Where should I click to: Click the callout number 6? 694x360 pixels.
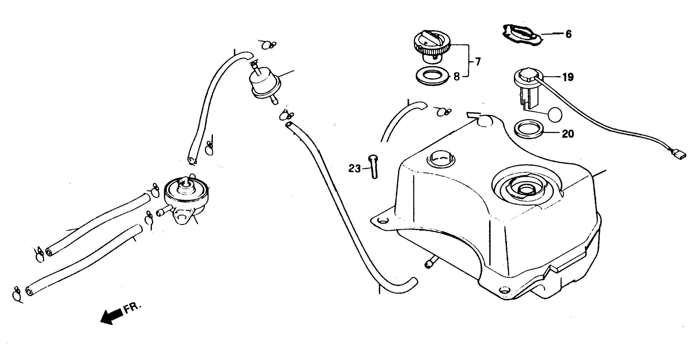coord(568,34)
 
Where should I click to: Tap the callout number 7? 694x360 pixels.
coord(478,62)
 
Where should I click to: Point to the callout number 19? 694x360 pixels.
coord(568,77)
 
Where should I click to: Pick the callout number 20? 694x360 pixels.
coord(568,134)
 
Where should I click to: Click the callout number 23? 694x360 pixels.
coord(354,169)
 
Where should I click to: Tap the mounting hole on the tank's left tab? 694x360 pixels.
coord(384,221)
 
